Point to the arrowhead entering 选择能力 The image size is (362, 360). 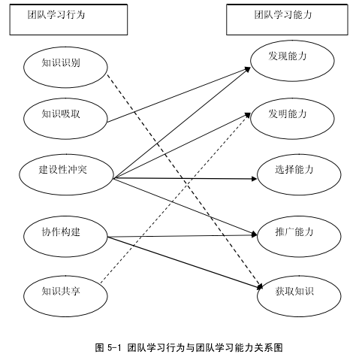click(x=254, y=179)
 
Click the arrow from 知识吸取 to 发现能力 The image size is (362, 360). click(x=179, y=95)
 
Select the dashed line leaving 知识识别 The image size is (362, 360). click(x=185, y=181)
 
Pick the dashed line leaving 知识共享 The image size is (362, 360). click(x=175, y=198)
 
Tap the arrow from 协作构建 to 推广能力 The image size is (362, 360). click(x=183, y=236)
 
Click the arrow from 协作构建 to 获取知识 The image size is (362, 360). click(x=185, y=262)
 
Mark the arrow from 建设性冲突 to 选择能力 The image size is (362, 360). click(x=186, y=178)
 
